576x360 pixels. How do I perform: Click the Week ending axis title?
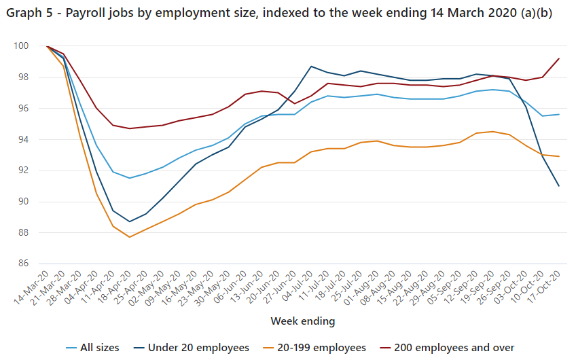(303, 320)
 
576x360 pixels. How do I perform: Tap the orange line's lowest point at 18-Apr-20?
(129, 237)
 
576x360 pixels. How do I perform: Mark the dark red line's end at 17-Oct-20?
(558, 58)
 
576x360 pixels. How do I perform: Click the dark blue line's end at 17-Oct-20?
(558, 186)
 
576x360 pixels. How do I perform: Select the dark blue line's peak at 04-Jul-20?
(310, 67)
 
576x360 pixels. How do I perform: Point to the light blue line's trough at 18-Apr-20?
(129, 178)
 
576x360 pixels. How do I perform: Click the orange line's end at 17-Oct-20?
(558, 156)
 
